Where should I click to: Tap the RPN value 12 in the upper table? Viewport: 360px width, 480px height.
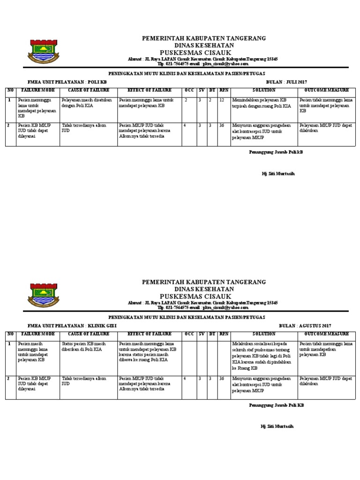222,100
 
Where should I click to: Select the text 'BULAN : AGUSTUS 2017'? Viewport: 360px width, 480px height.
305,325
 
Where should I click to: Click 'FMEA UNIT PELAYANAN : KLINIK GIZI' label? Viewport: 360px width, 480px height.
72,325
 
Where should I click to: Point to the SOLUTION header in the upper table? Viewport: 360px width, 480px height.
263,90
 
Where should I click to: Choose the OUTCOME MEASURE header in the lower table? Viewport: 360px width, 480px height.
326,334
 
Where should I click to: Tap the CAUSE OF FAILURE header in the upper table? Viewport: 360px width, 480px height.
88,90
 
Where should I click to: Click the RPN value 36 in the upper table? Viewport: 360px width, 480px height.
222,125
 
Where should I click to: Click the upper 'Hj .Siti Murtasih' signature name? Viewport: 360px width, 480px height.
278,174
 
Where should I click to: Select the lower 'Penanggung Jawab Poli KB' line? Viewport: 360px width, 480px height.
276,405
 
